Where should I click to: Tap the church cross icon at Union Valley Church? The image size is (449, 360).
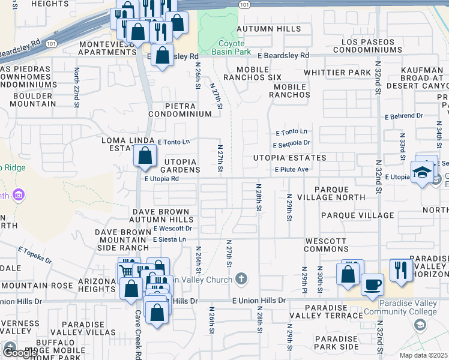tap(241, 279)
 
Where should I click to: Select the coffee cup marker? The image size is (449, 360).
tap(373, 284)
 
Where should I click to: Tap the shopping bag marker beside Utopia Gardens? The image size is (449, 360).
tap(145, 157)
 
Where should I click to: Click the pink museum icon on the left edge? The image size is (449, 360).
tap(19, 195)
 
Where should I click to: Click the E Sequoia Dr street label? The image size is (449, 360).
tap(291, 144)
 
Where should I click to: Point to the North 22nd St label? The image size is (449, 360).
tap(77, 88)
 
